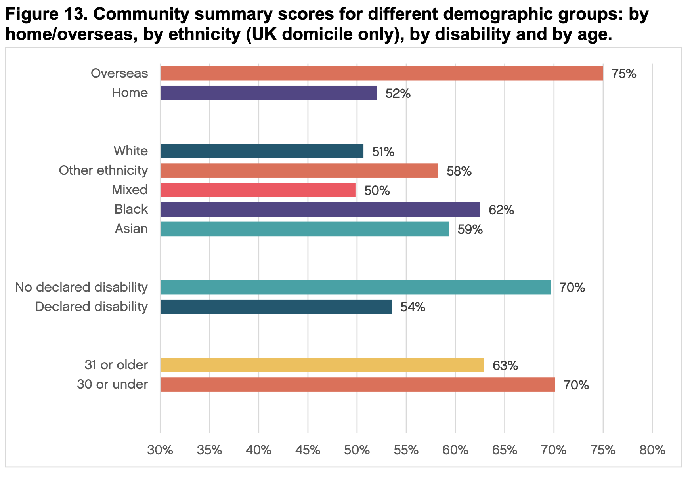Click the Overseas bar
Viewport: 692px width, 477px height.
(x=382, y=74)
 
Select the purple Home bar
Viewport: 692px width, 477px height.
(x=268, y=93)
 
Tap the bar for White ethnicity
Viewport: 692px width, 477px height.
(x=262, y=151)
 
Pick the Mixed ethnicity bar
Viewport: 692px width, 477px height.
(x=258, y=190)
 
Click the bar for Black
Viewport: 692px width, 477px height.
(x=320, y=210)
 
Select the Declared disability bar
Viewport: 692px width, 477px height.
(x=276, y=307)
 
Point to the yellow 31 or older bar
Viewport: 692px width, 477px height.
(x=322, y=365)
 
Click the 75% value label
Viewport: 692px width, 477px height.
(x=624, y=74)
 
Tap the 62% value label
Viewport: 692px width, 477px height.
(x=501, y=210)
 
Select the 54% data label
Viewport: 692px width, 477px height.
(x=413, y=307)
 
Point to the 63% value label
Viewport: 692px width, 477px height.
(x=505, y=365)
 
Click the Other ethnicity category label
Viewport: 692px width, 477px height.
(x=103, y=171)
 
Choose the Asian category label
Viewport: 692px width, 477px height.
(x=131, y=229)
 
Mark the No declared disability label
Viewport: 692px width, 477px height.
(x=81, y=287)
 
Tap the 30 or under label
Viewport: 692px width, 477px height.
(x=112, y=384)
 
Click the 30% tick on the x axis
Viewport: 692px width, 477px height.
(x=160, y=450)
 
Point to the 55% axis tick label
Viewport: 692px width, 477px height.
(x=406, y=450)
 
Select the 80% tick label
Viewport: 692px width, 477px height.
(x=652, y=450)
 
